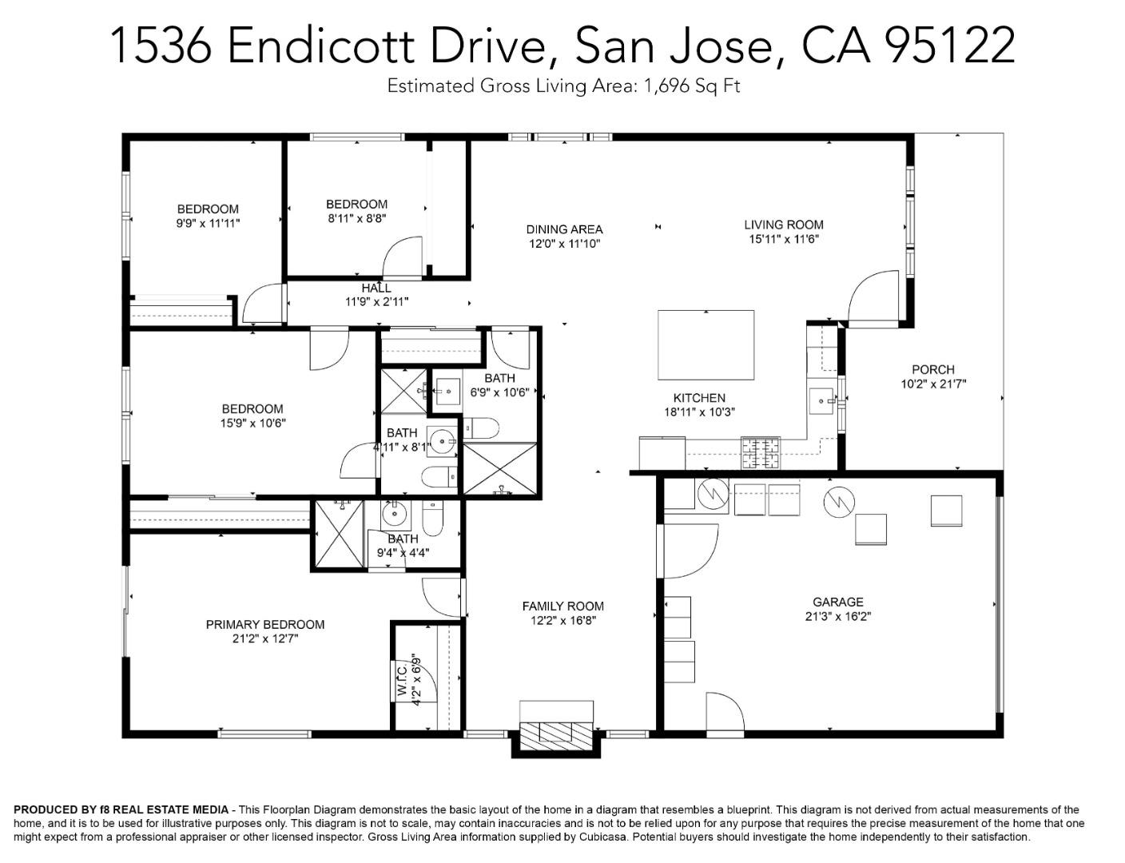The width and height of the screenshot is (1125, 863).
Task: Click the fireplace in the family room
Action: [556, 733]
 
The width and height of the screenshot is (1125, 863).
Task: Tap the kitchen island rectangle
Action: [706, 345]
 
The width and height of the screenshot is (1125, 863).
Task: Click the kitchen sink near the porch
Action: [821, 400]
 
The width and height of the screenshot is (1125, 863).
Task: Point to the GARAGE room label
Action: [837, 602]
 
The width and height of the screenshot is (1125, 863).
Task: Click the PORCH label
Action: [932, 369]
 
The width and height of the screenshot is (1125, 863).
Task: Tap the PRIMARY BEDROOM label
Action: [264, 624]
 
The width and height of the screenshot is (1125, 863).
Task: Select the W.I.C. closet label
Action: [402, 679]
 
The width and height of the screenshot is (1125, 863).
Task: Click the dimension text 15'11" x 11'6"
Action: [783, 239]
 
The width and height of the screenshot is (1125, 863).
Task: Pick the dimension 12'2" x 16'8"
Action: [562, 620]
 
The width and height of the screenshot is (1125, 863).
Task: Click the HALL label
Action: [376, 288]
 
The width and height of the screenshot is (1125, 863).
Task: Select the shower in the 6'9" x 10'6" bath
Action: [500, 468]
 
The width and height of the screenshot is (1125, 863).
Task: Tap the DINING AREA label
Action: [564, 229]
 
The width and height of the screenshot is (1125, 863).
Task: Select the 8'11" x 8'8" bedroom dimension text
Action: [356, 218]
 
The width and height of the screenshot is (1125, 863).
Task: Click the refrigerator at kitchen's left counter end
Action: [662, 453]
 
